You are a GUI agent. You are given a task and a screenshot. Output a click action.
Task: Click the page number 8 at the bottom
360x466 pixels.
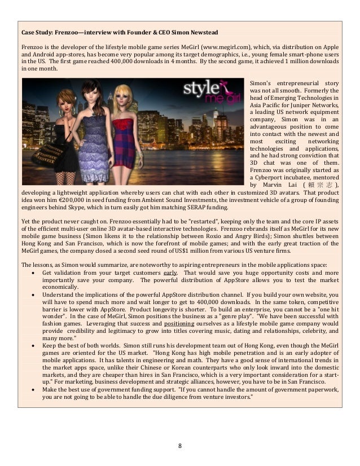coord(180,446)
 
